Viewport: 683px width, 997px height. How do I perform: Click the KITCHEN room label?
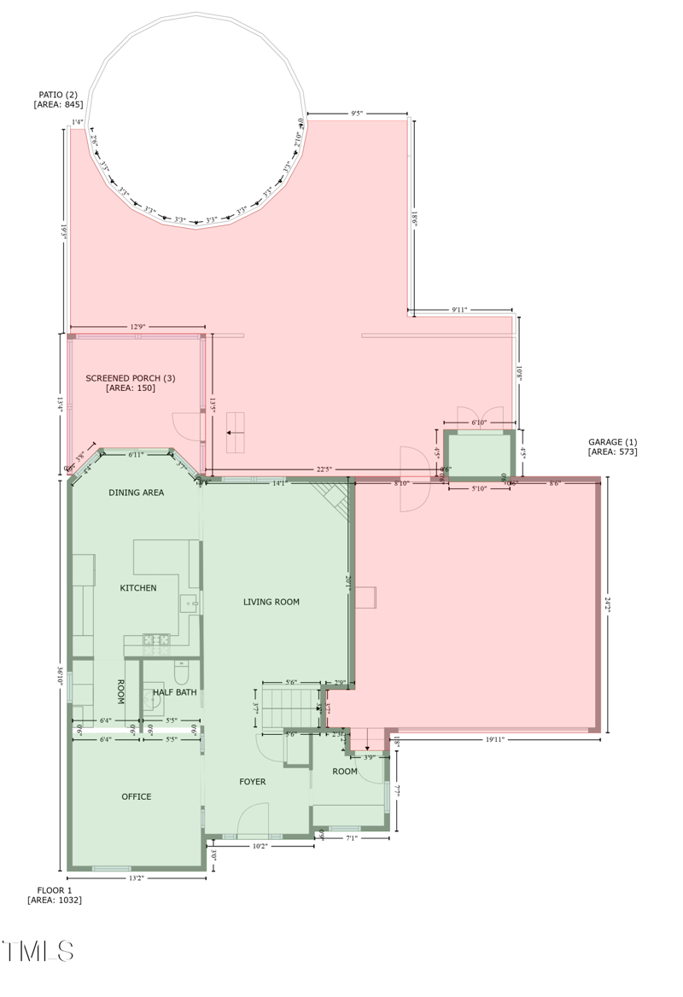point(138,588)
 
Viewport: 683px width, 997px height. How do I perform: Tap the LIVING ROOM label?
point(271,602)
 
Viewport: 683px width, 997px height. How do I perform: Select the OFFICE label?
point(137,796)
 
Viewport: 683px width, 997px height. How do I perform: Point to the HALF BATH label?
point(175,692)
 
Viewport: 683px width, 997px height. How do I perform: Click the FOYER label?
point(253,782)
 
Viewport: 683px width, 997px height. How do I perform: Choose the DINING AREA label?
point(137,493)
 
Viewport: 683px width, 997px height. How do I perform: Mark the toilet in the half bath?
point(180,672)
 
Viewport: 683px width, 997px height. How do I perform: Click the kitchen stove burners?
point(156,638)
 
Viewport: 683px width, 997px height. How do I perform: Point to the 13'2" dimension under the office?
point(137,877)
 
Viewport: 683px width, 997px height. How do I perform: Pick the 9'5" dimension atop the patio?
point(356,113)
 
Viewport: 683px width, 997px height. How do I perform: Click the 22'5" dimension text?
point(324,469)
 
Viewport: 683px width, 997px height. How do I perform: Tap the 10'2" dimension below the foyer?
point(260,846)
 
